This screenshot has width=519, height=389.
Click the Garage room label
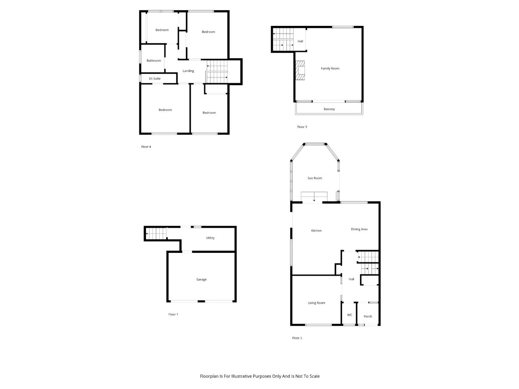click(x=201, y=279)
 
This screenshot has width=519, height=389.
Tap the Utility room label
click(x=210, y=238)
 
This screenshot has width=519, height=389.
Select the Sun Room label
click(x=315, y=178)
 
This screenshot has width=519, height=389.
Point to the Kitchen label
click(x=316, y=231)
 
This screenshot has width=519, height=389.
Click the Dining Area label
click(x=359, y=229)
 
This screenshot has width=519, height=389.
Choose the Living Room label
click(x=316, y=303)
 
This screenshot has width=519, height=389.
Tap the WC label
click(x=350, y=315)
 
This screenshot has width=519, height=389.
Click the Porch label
click(x=368, y=316)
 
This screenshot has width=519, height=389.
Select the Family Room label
click(x=330, y=68)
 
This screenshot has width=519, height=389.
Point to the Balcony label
click(x=329, y=109)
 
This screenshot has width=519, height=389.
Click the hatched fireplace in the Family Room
click(x=300, y=71)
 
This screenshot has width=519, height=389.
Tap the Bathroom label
click(x=154, y=61)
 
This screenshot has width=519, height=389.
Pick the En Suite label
click(x=154, y=79)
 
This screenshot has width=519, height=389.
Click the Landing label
click(x=188, y=71)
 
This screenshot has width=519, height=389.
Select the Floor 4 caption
click(x=146, y=147)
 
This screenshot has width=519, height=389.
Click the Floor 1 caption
click(x=173, y=314)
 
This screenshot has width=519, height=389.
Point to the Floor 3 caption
click(x=302, y=127)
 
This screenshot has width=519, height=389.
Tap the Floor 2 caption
click(x=297, y=338)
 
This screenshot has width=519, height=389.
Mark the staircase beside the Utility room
click(x=156, y=233)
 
